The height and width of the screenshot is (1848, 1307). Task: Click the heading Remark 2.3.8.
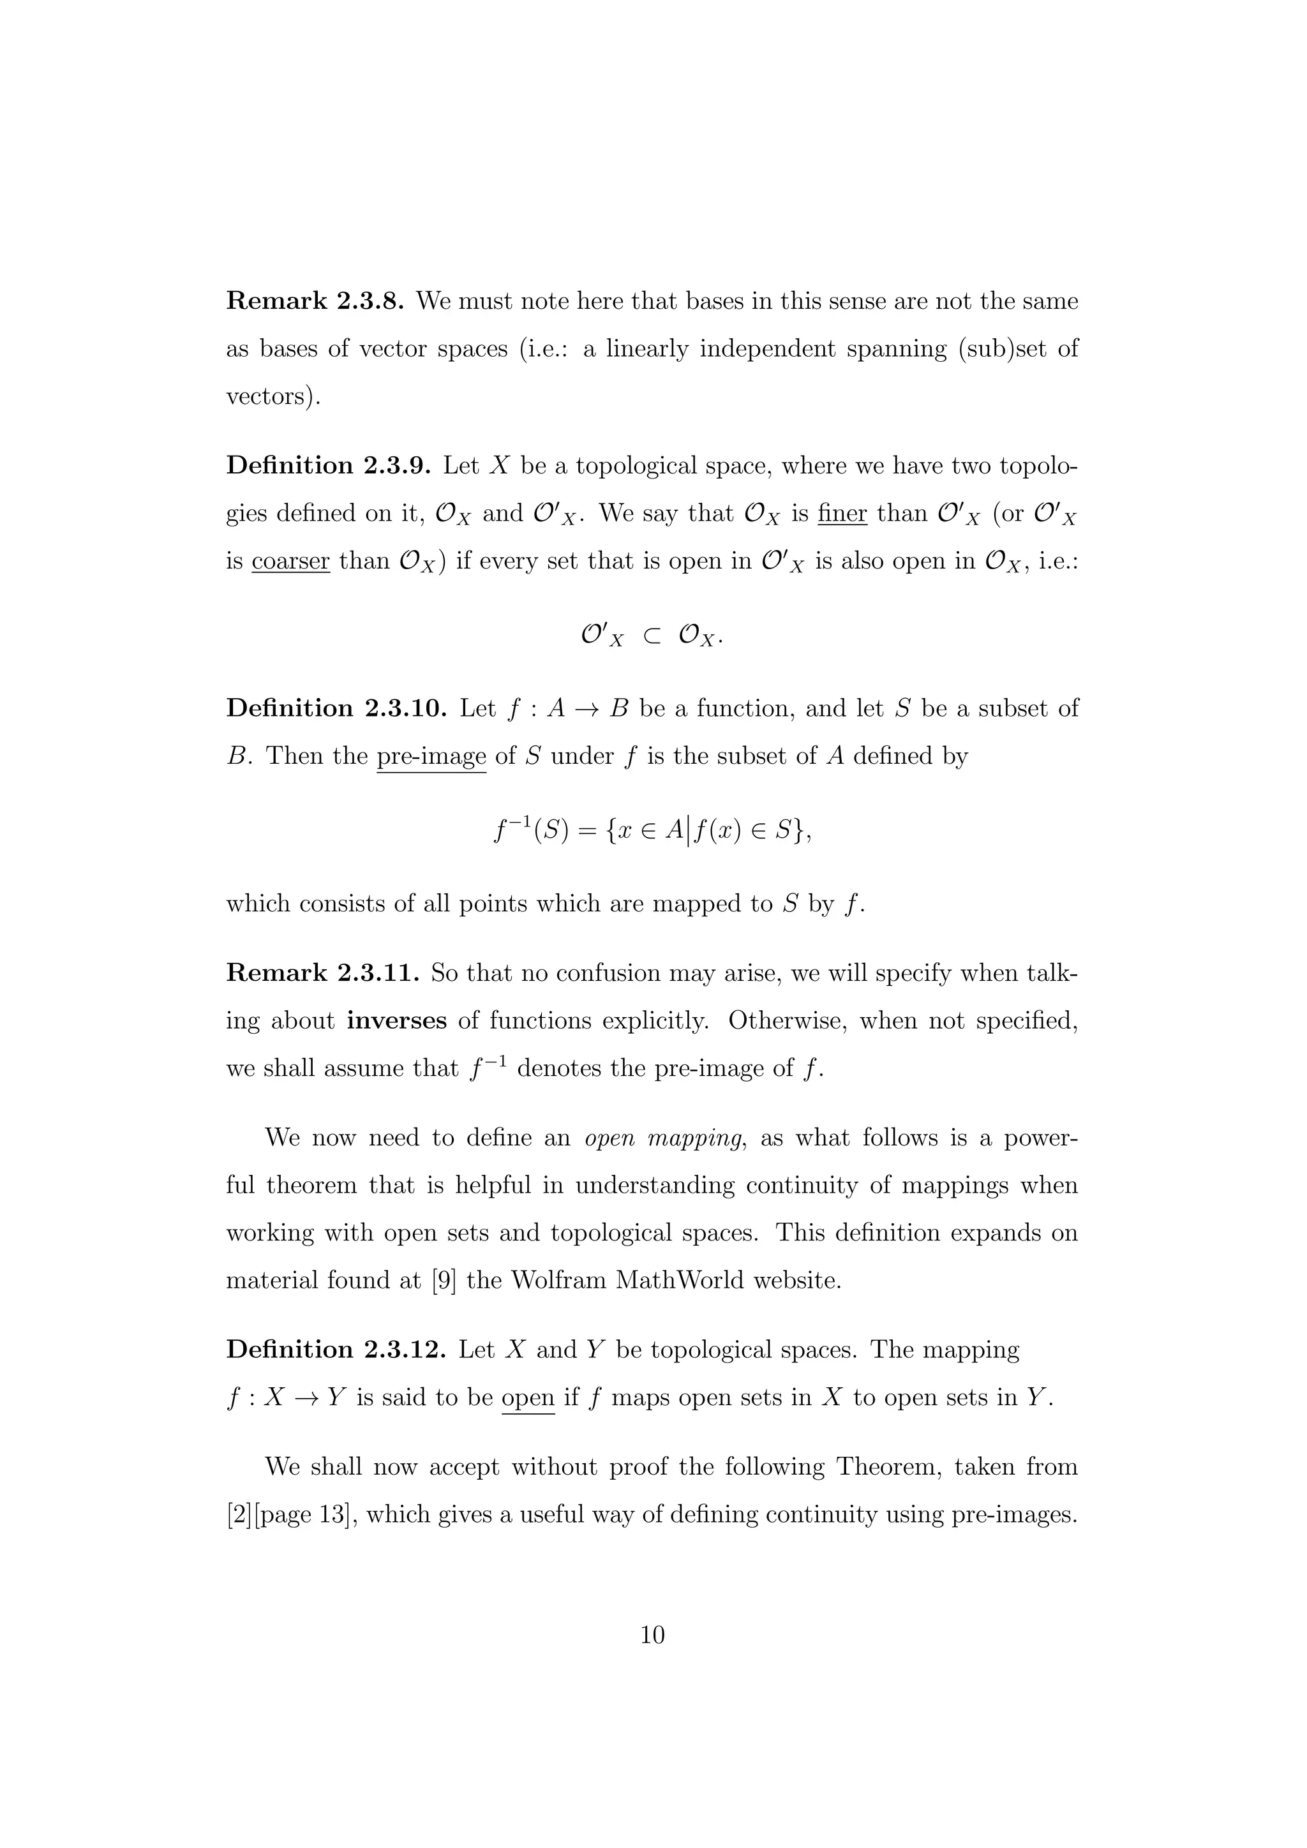318,301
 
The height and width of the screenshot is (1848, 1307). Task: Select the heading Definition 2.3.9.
330,466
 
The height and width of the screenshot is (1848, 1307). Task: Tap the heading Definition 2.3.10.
336,708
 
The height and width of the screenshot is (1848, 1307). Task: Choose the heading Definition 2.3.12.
336,1349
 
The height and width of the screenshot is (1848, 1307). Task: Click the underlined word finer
842,514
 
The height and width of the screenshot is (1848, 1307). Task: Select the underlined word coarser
290,561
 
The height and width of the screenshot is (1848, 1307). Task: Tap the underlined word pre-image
431,757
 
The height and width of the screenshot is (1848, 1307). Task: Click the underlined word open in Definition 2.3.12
528,1397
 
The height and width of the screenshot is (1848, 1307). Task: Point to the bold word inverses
397,1020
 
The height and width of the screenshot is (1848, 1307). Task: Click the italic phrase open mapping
662,1138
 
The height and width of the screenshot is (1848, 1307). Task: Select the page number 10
653,1635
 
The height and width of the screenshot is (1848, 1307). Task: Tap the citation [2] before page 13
239,1515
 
